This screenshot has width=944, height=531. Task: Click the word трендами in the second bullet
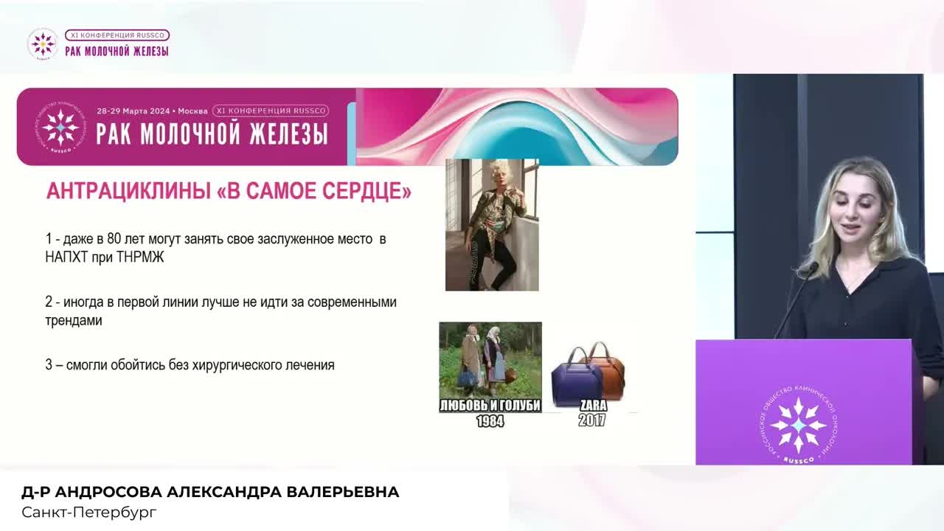click(x=74, y=322)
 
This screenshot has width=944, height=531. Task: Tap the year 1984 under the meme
click(x=490, y=421)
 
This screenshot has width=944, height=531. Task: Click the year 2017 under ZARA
click(x=592, y=420)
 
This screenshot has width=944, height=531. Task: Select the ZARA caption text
click(x=593, y=406)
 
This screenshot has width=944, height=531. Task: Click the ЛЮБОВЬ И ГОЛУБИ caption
click(x=490, y=406)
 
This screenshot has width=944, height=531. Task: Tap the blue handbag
click(x=576, y=378)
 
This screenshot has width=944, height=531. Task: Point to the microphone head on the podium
click(x=812, y=268)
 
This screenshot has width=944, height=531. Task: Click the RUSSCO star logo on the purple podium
click(x=798, y=426)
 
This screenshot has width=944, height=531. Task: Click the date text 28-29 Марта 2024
click(x=139, y=111)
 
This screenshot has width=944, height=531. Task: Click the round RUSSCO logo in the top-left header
click(x=43, y=44)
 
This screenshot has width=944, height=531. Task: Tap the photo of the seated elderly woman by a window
click(x=492, y=225)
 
